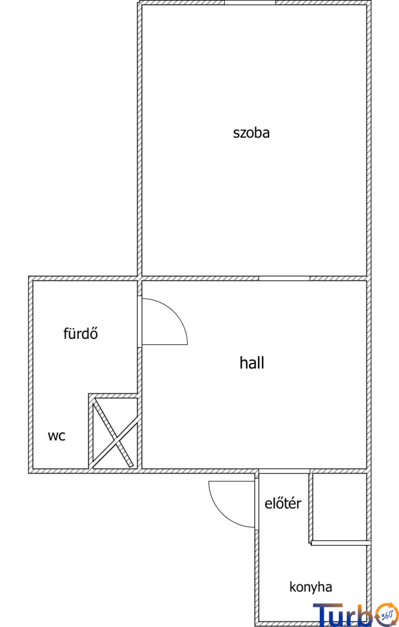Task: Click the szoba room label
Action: coord(251,133)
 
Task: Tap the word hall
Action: coord(252,363)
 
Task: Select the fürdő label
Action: coord(81,333)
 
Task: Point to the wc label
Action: coord(56,436)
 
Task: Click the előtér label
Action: coord(283,504)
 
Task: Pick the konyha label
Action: coord(311,587)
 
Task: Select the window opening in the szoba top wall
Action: coord(250,2)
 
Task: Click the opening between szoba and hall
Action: coord(284,278)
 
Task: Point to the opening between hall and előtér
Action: coord(284,471)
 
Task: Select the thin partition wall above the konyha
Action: coord(341,543)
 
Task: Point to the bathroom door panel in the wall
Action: coord(139,322)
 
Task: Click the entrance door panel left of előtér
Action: coord(257,504)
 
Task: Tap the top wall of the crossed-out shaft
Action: coord(113,396)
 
